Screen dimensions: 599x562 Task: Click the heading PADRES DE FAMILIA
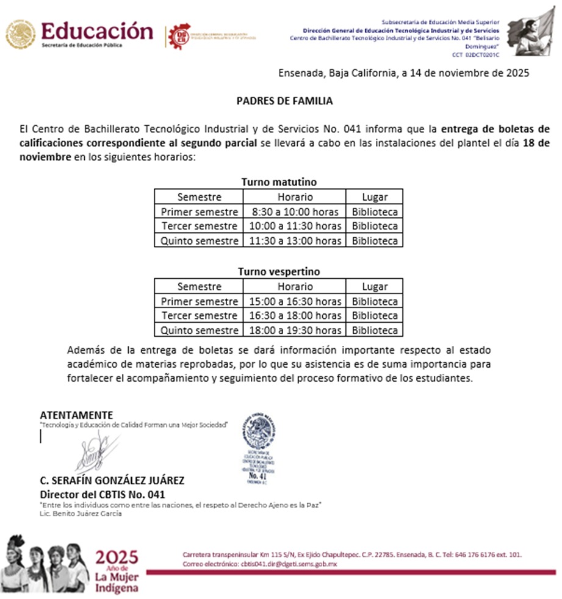[284, 101]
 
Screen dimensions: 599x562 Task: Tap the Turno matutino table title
[279, 182]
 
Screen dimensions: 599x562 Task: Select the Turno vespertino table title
[279, 271]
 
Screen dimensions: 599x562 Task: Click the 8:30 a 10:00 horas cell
[295, 212]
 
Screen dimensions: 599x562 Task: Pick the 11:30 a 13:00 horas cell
[295, 241]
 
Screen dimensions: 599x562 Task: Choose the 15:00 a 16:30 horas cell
[295, 301]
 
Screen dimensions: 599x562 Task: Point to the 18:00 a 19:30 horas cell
[295, 331]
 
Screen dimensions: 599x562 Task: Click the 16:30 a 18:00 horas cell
[295, 316]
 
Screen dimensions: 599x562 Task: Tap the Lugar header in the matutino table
[375, 197]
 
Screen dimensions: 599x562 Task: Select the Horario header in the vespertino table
[295, 287]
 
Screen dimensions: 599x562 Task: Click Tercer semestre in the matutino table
[199, 226]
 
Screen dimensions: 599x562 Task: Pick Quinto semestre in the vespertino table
[199, 331]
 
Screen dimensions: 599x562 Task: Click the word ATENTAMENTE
[76, 415]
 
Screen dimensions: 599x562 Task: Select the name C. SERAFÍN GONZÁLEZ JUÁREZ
[112, 481]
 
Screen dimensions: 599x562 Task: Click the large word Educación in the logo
[97, 30]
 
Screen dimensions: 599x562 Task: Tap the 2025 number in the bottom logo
[117, 557]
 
